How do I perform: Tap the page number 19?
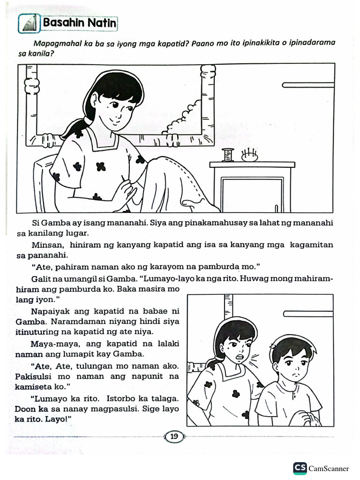tap(174, 437)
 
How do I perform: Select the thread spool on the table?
tap(228, 155)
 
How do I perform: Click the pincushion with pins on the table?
tap(249, 156)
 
